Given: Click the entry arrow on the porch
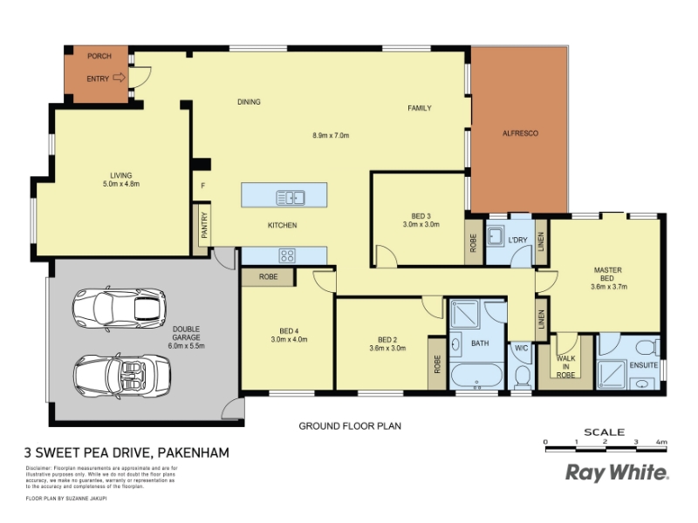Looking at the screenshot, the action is click(x=119, y=78).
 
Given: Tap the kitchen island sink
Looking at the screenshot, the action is click(x=291, y=197).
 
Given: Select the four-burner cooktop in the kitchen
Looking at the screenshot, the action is click(x=287, y=255).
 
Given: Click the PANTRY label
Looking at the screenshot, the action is click(x=204, y=225).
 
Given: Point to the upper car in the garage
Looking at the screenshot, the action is click(x=119, y=308).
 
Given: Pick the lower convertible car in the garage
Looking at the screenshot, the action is click(x=121, y=376).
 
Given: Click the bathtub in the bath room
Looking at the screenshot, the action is click(x=476, y=376).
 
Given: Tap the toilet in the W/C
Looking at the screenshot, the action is click(x=522, y=377).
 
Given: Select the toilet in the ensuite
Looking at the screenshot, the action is click(x=647, y=347).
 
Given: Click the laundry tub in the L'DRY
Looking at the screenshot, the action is click(x=495, y=235).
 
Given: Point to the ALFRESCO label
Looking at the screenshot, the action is click(x=520, y=133).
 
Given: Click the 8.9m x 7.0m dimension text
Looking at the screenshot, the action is click(x=331, y=135).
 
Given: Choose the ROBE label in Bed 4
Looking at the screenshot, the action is click(x=269, y=276).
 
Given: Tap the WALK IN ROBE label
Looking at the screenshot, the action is click(x=565, y=366).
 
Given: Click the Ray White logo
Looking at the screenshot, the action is click(x=617, y=472).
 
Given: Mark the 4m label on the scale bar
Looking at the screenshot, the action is click(x=661, y=442).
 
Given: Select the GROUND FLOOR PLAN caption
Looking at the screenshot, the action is click(x=350, y=426).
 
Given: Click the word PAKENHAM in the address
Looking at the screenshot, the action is click(x=194, y=452).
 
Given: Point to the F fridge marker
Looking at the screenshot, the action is click(x=203, y=186).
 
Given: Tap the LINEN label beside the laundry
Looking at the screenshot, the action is click(x=541, y=242).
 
